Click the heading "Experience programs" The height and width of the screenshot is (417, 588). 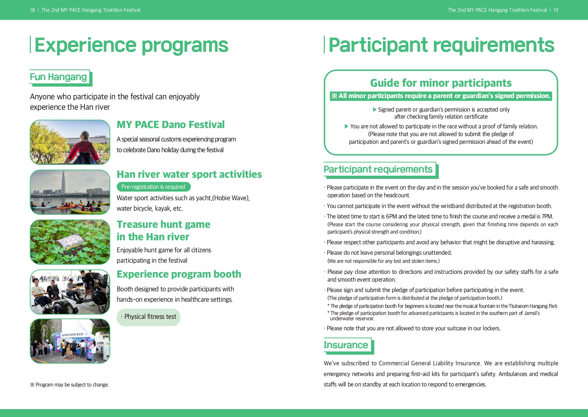(x=131, y=45)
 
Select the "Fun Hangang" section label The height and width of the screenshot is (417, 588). (x=58, y=77)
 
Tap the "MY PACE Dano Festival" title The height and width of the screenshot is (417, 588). (x=170, y=125)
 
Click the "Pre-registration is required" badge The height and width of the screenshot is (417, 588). (x=153, y=187)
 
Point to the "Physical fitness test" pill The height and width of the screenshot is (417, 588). (x=148, y=317)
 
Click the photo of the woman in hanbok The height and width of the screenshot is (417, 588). (x=70, y=142)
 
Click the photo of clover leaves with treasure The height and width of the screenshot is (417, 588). (x=70, y=242)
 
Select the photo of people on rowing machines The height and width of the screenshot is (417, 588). (x=70, y=292)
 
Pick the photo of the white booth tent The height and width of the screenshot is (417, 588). (x=70, y=341)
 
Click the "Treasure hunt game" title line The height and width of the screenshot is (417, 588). (x=163, y=224)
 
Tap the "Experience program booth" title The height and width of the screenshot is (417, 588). (x=179, y=274)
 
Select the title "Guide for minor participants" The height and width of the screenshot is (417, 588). (x=441, y=83)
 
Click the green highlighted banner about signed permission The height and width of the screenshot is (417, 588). (x=441, y=96)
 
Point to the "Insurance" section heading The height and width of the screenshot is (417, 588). (x=346, y=345)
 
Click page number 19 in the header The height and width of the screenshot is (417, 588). (x=556, y=10)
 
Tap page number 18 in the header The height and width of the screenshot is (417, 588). (x=32, y=10)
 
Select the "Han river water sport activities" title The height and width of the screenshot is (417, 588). (x=189, y=174)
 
